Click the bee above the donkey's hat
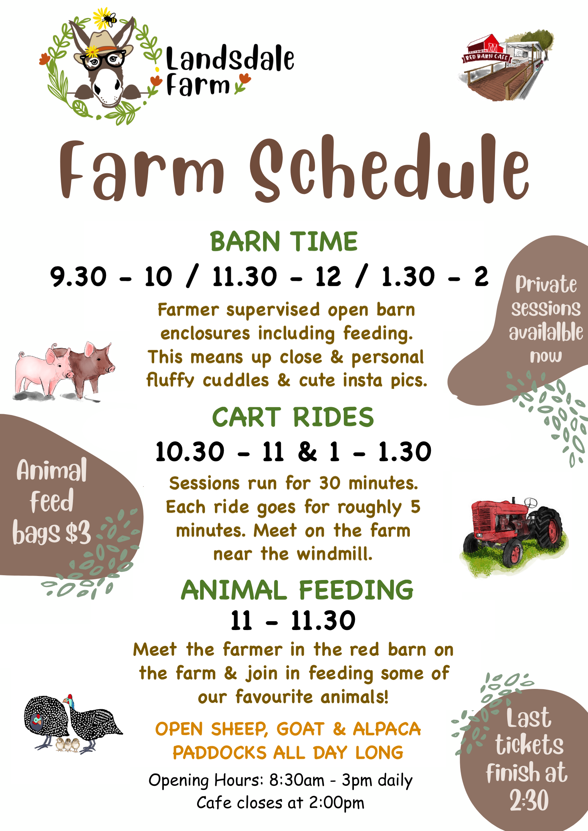pos(110,18)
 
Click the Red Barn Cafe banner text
pos(486,57)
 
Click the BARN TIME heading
pos(284,241)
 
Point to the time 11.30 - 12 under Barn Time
pos(276,277)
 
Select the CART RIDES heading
pos(293,417)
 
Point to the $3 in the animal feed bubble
pos(78,532)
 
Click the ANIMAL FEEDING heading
pos(297,590)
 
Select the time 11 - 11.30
pos(293,621)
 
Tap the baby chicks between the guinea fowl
pos(68,744)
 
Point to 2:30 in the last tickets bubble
pos(529,800)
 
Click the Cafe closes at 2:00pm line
pos(280,803)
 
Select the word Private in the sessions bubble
pos(546,285)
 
